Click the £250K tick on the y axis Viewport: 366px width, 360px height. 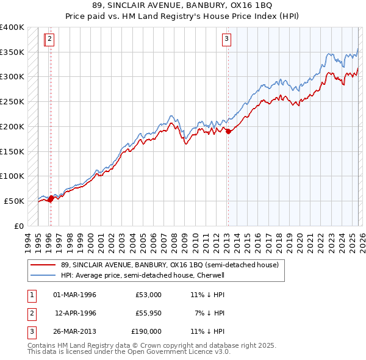point(12,101)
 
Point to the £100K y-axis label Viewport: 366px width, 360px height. point(12,176)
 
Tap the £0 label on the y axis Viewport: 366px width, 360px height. point(18,226)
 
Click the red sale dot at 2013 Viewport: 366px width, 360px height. point(228,131)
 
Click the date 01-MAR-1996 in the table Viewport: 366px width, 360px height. point(74,295)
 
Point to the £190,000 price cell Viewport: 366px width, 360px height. point(146,331)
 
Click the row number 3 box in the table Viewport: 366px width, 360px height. point(31,331)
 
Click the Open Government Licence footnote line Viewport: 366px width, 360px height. point(129,352)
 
